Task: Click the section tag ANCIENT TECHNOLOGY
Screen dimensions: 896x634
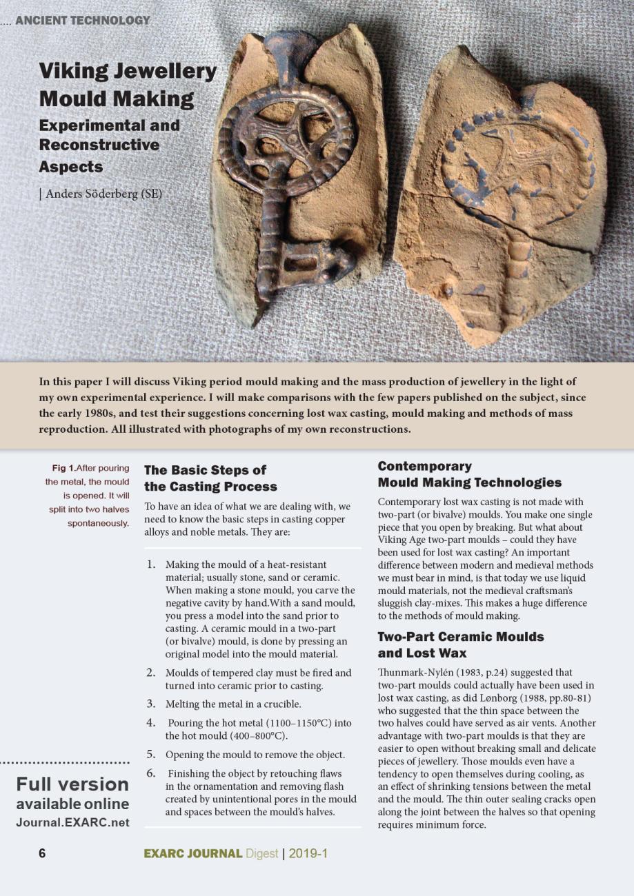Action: point(82,21)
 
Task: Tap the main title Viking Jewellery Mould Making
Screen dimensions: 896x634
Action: point(128,85)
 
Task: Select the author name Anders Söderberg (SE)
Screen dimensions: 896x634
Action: point(103,194)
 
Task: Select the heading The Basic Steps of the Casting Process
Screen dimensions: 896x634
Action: point(210,478)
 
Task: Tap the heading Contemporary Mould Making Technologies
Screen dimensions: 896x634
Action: point(469,474)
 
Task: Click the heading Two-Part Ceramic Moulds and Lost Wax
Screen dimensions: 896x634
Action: point(460,644)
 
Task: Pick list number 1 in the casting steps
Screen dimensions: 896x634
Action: point(150,564)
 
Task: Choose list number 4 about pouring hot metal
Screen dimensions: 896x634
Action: point(150,723)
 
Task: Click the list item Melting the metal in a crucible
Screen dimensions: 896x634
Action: point(233,704)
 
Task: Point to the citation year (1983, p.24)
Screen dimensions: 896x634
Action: point(486,672)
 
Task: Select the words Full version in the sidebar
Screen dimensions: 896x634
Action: point(72,784)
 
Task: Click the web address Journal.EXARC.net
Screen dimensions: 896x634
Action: point(72,822)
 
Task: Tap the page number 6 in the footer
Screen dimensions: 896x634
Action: point(42,853)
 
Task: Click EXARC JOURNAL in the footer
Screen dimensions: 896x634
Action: point(192,854)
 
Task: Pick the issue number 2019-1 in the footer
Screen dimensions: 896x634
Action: point(308,854)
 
